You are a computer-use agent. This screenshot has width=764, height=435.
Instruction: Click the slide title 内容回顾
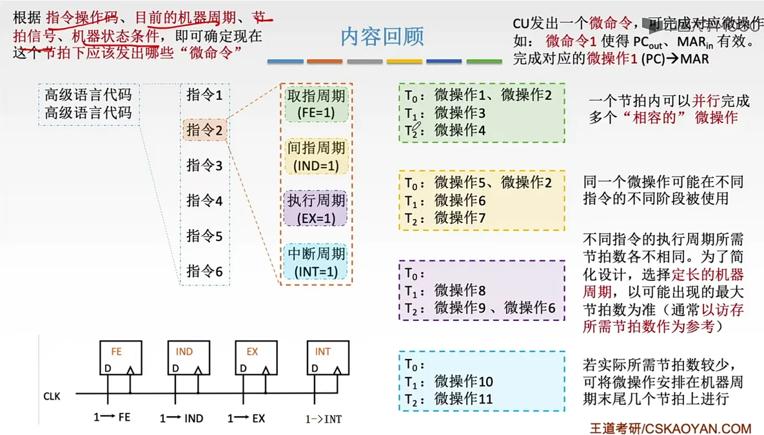tap(382, 37)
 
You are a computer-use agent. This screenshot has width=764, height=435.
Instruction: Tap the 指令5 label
tap(204, 236)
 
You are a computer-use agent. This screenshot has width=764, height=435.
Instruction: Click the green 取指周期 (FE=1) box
tap(316, 104)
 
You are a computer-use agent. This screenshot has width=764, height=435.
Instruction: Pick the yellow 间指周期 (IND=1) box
tap(316, 157)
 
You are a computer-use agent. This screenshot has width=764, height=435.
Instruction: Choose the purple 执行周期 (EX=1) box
tap(316, 209)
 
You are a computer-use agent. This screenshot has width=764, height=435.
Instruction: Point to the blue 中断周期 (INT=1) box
tap(316, 262)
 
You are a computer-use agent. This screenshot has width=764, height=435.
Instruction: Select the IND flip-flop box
tap(188, 358)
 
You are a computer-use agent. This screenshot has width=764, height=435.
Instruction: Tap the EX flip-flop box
tap(256, 358)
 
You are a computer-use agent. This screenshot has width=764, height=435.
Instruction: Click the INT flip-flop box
tap(327, 358)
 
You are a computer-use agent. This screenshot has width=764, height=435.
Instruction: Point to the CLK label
tap(52, 396)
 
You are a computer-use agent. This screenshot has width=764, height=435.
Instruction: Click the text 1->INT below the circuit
tap(324, 420)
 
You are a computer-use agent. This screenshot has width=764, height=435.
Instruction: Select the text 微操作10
tap(464, 382)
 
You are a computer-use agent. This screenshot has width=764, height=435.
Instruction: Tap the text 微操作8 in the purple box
tap(460, 291)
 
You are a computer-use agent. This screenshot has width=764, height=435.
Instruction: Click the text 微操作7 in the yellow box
tap(460, 218)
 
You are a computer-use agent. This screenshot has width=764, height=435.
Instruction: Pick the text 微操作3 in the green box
tap(460, 113)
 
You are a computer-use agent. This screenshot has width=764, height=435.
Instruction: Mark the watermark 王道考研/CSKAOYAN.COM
tap(670, 428)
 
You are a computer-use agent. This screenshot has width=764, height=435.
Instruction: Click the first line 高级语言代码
tap(88, 95)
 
